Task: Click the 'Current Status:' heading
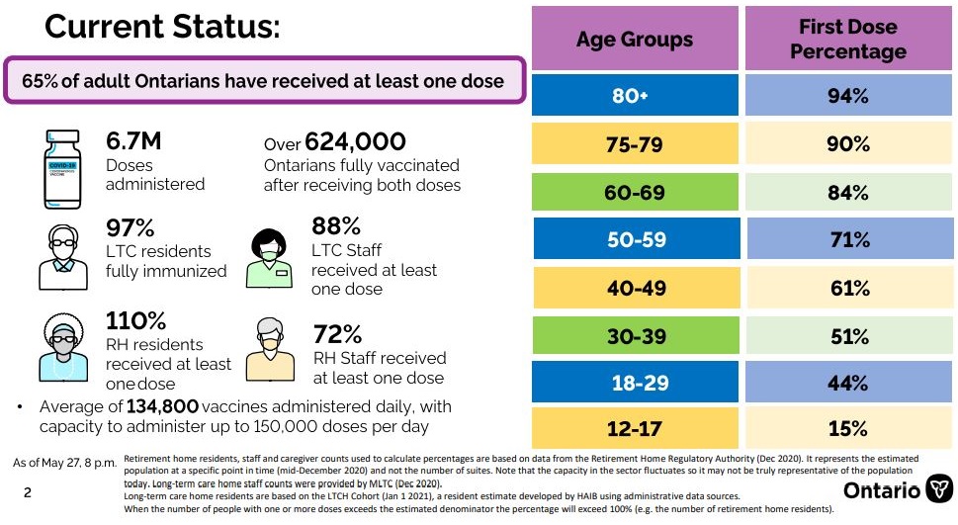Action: (162, 27)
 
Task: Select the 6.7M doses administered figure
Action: (133, 142)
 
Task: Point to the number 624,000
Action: (356, 142)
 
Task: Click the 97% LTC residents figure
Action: (130, 228)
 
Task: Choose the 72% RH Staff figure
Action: (336, 333)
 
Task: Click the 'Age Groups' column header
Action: (635, 40)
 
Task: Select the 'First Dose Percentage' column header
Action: (848, 40)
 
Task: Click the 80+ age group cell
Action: (635, 96)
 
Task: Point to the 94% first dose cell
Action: (848, 96)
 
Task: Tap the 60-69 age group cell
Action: (635, 193)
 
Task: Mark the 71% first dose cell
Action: (848, 240)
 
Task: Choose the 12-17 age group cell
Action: (635, 428)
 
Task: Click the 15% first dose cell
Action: (848, 428)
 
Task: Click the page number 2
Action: (27, 491)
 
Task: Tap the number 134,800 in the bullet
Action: (163, 406)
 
